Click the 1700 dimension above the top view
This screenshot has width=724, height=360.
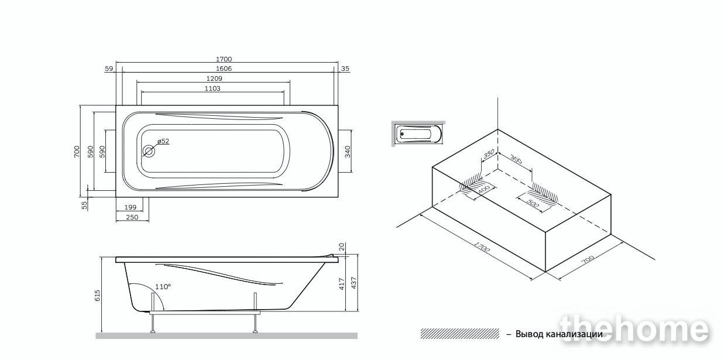pyautogui.click(x=224, y=59)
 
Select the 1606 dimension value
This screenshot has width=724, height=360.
pyautogui.click(x=224, y=68)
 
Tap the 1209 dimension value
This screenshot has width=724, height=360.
pyautogui.click(x=214, y=78)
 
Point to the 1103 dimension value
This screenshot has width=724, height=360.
pyautogui.click(x=212, y=88)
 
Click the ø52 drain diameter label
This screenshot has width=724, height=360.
pyautogui.click(x=163, y=141)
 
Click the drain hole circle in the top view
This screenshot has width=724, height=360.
pyautogui.click(x=149, y=151)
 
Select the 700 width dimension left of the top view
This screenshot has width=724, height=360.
pyautogui.click(x=77, y=152)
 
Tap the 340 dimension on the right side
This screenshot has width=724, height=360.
pyautogui.click(x=348, y=152)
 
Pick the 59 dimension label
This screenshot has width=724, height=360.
pyautogui.click(x=109, y=68)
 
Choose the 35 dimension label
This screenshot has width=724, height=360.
pyautogui.click(x=345, y=68)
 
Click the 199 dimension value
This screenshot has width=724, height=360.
pyautogui.click(x=131, y=207)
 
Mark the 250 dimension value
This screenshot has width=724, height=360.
pyautogui.click(x=132, y=217)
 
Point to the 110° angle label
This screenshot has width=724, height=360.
pyautogui.click(x=163, y=287)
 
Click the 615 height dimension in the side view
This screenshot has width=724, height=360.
pyautogui.click(x=98, y=296)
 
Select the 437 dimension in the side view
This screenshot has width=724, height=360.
pyautogui.click(x=354, y=283)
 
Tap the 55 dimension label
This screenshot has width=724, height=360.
pyautogui.click(x=85, y=205)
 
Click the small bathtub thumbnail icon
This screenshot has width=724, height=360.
pyautogui.click(x=418, y=133)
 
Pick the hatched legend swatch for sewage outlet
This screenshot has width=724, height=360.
pyautogui.click(x=460, y=334)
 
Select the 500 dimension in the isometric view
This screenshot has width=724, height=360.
pyautogui.click(x=533, y=204)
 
